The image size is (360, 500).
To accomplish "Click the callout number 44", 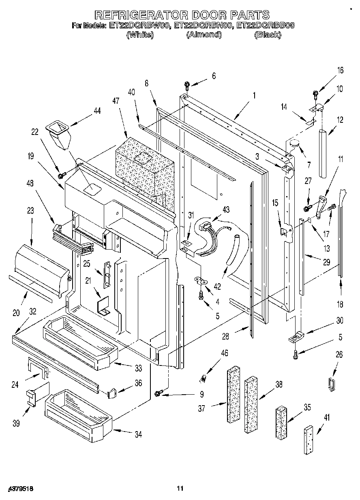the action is point(97,111).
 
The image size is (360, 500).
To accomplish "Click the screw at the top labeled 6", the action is point(187,85).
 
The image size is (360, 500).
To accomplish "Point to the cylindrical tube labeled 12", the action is point(324,153).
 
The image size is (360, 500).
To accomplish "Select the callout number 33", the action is point(139,368).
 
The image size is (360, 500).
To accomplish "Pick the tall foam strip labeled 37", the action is point(234,395).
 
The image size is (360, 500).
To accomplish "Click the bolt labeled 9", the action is point(159,393).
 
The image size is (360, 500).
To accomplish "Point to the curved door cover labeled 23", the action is point(41,268).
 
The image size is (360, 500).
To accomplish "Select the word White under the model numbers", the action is point(140,35).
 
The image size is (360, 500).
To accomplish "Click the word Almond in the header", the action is point(204,35).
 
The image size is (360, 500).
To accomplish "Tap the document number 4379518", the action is point(20,489).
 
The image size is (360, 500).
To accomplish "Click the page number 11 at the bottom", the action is point(180,489).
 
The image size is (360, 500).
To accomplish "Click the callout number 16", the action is point(340,71).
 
